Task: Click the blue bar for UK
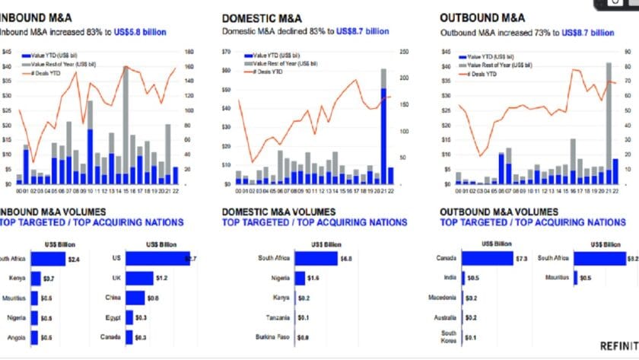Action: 140,279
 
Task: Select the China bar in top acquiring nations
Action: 135,298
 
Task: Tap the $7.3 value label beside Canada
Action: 521,259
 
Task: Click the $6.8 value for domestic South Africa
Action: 346,259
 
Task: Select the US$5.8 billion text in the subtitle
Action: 138,32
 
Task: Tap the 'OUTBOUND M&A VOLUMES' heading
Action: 497,211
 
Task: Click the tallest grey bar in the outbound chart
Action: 609,110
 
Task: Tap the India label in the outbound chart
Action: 451,279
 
